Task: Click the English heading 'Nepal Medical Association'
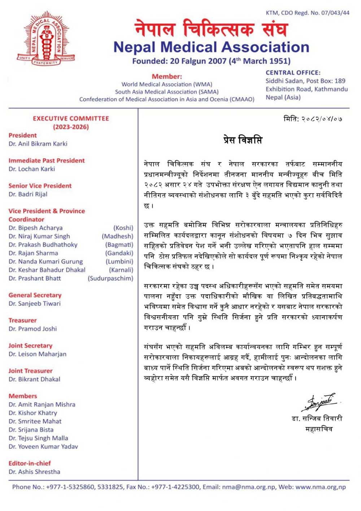211,47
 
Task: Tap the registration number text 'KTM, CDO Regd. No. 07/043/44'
308,13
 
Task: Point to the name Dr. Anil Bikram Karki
38,144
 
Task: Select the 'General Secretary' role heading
35,295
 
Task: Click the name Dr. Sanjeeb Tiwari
35,303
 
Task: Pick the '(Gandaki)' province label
119,253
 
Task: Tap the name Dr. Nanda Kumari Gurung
45,261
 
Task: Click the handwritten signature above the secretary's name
320,402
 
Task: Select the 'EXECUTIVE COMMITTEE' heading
71,118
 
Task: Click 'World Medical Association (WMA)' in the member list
167,84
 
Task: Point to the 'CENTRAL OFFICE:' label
293,73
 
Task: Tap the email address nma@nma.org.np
248,487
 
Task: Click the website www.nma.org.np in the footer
321,487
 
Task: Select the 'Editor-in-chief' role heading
30,463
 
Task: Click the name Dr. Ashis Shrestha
34,472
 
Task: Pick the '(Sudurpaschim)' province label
110,278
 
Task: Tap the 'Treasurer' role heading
22,320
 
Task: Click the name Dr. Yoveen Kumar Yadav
43,446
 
